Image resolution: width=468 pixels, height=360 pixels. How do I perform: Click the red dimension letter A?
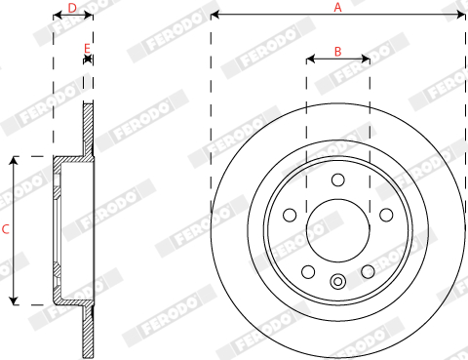(337, 7)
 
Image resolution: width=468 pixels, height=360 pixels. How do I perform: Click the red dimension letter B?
(337, 52)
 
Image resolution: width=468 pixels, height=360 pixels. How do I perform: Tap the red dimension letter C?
(6, 229)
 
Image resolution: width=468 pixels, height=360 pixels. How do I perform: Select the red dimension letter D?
(72, 8)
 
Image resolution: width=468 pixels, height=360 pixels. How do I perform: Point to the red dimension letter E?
(87, 49)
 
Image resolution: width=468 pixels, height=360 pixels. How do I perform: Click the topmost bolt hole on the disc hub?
(338, 180)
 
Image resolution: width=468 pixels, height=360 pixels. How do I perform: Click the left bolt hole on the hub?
(290, 215)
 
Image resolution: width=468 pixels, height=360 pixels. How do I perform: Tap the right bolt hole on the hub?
(386, 215)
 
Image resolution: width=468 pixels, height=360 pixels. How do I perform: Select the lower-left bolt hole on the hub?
(308, 272)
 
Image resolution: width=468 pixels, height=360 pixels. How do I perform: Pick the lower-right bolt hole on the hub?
(368, 272)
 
